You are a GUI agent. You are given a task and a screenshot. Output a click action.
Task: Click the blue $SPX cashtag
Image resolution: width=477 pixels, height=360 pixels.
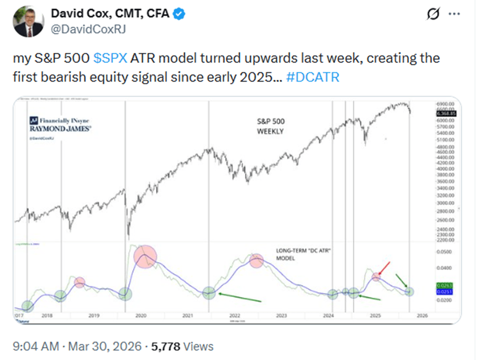click(x=111, y=58)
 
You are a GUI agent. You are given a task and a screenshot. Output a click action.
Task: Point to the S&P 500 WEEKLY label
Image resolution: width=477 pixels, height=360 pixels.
click(x=269, y=126)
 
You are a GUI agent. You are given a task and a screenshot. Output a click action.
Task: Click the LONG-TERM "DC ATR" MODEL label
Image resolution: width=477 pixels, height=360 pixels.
click(x=301, y=254)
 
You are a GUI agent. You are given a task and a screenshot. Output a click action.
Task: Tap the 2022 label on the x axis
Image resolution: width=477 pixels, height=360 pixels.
click(x=234, y=315)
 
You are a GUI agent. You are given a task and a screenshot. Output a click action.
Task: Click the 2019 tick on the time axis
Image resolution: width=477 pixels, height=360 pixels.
click(x=93, y=315)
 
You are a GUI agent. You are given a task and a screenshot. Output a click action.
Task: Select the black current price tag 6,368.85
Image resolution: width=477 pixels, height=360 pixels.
click(x=447, y=114)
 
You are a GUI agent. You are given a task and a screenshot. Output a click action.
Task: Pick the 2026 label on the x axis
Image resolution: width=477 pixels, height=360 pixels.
click(x=422, y=315)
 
